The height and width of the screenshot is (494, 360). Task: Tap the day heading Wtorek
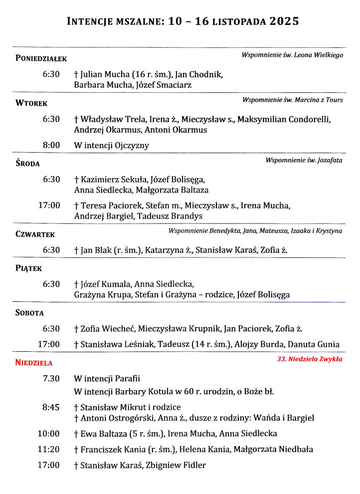tap(31, 104)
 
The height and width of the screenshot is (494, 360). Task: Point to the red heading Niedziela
tap(33, 363)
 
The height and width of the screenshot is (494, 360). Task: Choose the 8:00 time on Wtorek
tap(51, 146)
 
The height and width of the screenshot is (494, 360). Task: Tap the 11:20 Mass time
tap(49, 449)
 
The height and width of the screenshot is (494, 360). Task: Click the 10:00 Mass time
tap(49, 434)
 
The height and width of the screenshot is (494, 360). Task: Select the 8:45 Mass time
tap(51, 407)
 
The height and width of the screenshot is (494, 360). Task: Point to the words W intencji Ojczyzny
tap(111, 146)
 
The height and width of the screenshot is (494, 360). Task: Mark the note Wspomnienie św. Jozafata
tap(304, 160)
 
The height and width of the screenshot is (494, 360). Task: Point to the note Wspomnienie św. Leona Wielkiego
tap(292, 55)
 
